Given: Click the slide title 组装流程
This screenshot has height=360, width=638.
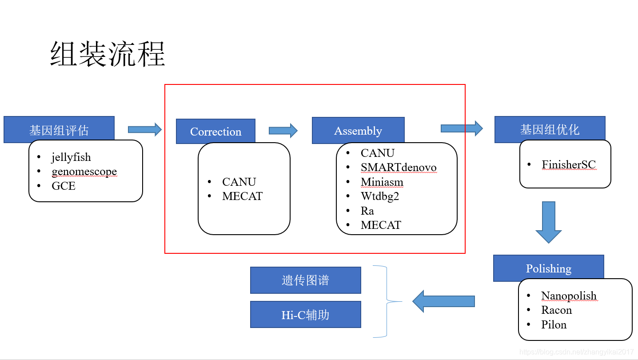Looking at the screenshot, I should [108, 54].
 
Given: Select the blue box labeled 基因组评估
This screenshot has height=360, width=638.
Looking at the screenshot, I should [59, 130].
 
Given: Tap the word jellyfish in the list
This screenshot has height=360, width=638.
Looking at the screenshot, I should [71, 157].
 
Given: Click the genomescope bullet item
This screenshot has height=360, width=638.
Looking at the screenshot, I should [84, 172].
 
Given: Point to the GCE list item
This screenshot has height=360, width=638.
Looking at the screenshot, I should [64, 186].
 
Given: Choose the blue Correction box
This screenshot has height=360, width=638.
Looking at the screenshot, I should [215, 132].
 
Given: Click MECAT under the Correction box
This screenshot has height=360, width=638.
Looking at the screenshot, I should [242, 196].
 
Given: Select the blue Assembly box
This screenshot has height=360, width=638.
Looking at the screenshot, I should [358, 131].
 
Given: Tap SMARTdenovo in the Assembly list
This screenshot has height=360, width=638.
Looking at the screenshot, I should [399, 168].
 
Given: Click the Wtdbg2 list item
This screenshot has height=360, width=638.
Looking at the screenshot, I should [380, 196].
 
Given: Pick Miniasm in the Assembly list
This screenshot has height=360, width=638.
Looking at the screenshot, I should [382, 182].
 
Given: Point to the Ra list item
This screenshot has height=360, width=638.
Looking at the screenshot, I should [367, 211].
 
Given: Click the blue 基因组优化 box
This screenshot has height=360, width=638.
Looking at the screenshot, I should [550, 129].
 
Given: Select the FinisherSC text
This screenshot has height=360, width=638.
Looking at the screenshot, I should [568, 165].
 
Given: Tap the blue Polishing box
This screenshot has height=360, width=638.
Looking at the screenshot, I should [548, 268].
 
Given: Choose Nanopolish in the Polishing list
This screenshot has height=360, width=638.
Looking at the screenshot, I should [569, 296].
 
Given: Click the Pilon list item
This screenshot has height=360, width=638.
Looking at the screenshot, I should [554, 324].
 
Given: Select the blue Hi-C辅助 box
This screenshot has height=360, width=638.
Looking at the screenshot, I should [305, 315].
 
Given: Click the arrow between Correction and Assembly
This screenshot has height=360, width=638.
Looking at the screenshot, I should [283, 131].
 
